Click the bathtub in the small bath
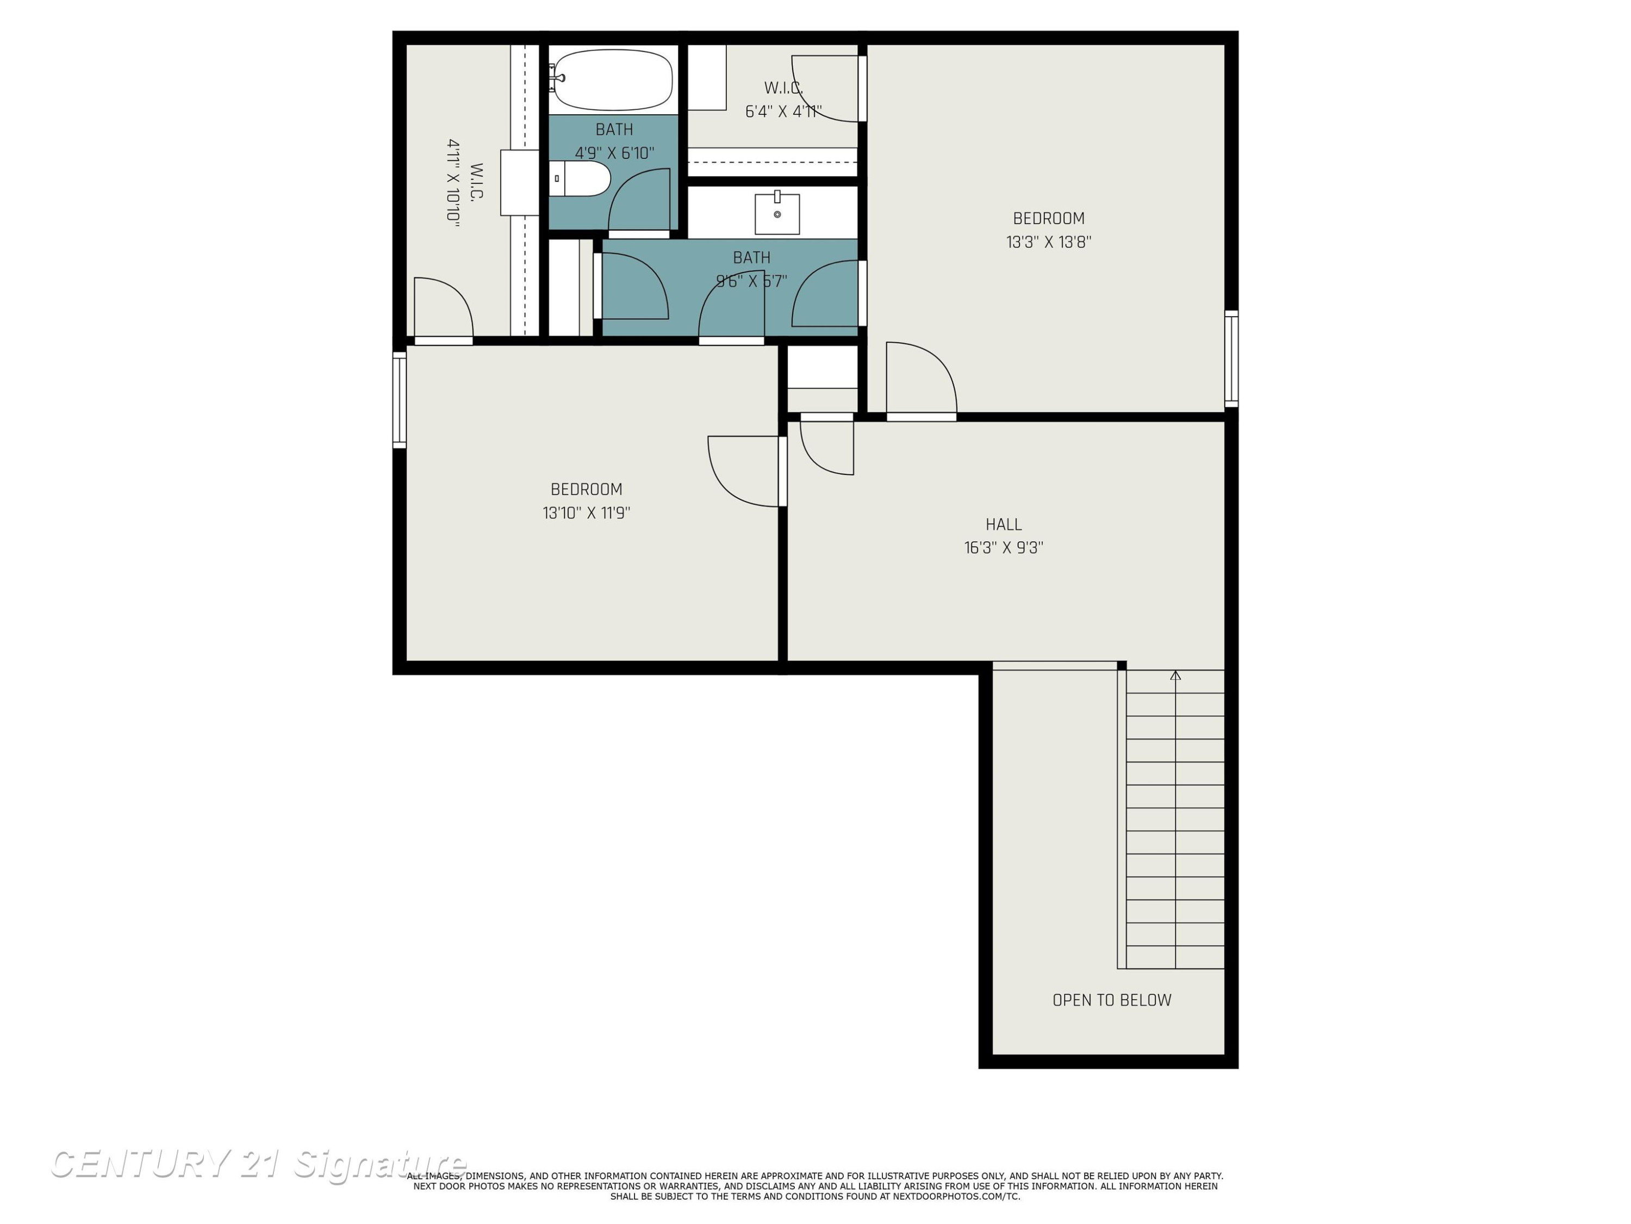(x=612, y=79)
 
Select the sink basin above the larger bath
(x=777, y=213)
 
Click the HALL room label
(x=1004, y=524)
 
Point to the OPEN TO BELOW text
(x=1112, y=1000)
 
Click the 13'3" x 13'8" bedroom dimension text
(x=1049, y=242)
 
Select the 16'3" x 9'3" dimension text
(x=1004, y=547)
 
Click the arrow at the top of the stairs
(x=1175, y=675)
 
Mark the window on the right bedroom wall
(x=1231, y=358)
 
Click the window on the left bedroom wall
(x=399, y=400)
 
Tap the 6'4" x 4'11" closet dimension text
(x=783, y=112)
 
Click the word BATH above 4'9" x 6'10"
(x=614, y=130)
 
